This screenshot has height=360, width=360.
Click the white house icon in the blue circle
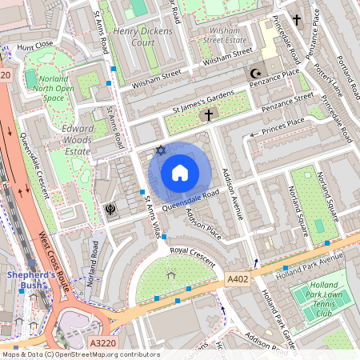(180, 173)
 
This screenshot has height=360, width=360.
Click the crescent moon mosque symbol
(257, 74)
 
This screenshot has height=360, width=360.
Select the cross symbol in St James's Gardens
(209, 116)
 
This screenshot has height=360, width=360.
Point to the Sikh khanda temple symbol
(110, 210)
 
